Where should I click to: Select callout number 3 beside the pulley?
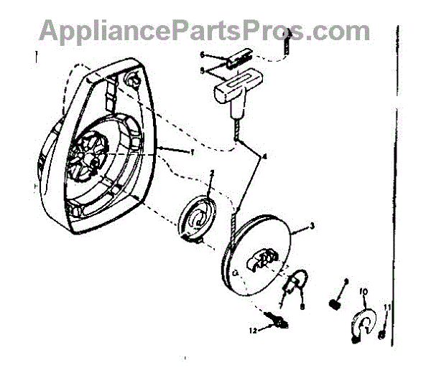(312, 225)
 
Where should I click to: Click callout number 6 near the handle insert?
(203, 55)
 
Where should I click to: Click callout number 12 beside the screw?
(253, 331)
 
